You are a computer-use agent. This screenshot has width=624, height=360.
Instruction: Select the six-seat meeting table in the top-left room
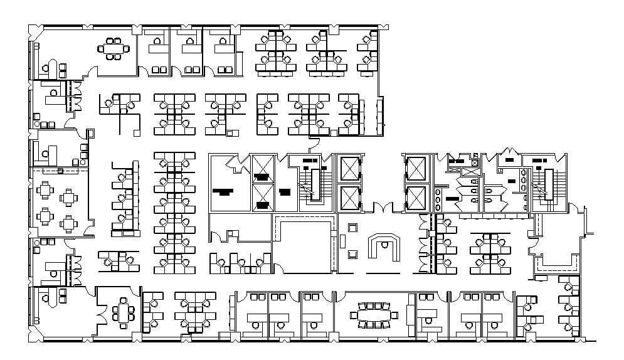(114, 49)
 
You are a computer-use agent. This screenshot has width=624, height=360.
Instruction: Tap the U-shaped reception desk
(383, 247)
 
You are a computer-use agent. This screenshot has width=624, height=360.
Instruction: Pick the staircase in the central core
(312, 182)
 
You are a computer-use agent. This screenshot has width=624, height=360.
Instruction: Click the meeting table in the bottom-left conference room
(122, 312)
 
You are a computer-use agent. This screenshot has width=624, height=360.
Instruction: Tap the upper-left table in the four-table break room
(46, 189)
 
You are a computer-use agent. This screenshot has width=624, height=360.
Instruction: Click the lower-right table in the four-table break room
(68, 223)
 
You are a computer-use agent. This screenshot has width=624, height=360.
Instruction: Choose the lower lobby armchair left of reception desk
(352, 253)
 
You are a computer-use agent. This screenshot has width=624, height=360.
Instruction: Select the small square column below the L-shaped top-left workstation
(136, 132)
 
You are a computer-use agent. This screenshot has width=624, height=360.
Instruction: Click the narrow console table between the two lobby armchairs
(343, 240)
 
